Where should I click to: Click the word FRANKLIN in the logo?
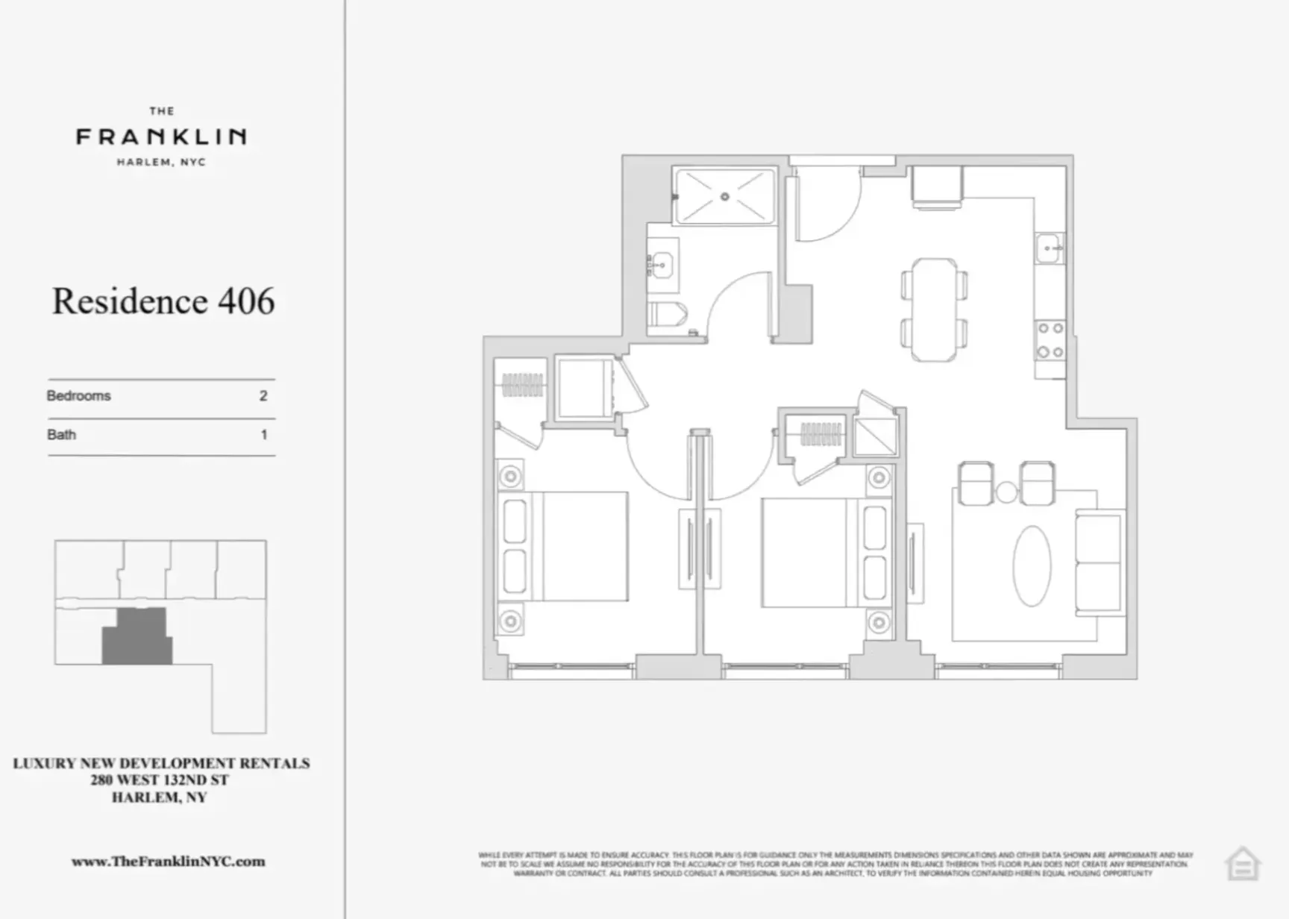(161, 137)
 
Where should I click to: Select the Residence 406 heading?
(163, 301)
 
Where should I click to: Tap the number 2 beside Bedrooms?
(263, 396)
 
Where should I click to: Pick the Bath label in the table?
(61, 435)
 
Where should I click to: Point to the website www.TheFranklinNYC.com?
(168, 862)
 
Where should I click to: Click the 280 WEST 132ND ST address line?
(160, 780)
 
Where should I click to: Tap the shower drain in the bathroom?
(724, 197)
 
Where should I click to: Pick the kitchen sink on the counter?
(1049, 248)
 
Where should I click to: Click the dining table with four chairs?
(934, 310)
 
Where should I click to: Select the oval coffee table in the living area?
(1032, 565)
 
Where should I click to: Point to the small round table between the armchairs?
(1007, 492)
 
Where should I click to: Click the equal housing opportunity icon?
(1242, 864)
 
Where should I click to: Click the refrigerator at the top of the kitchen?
(937, 186)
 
